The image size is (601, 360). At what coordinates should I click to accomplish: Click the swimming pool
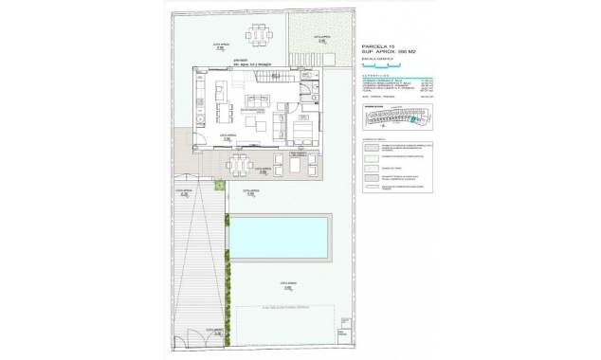281,237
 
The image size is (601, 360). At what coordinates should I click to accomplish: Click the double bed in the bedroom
303,129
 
